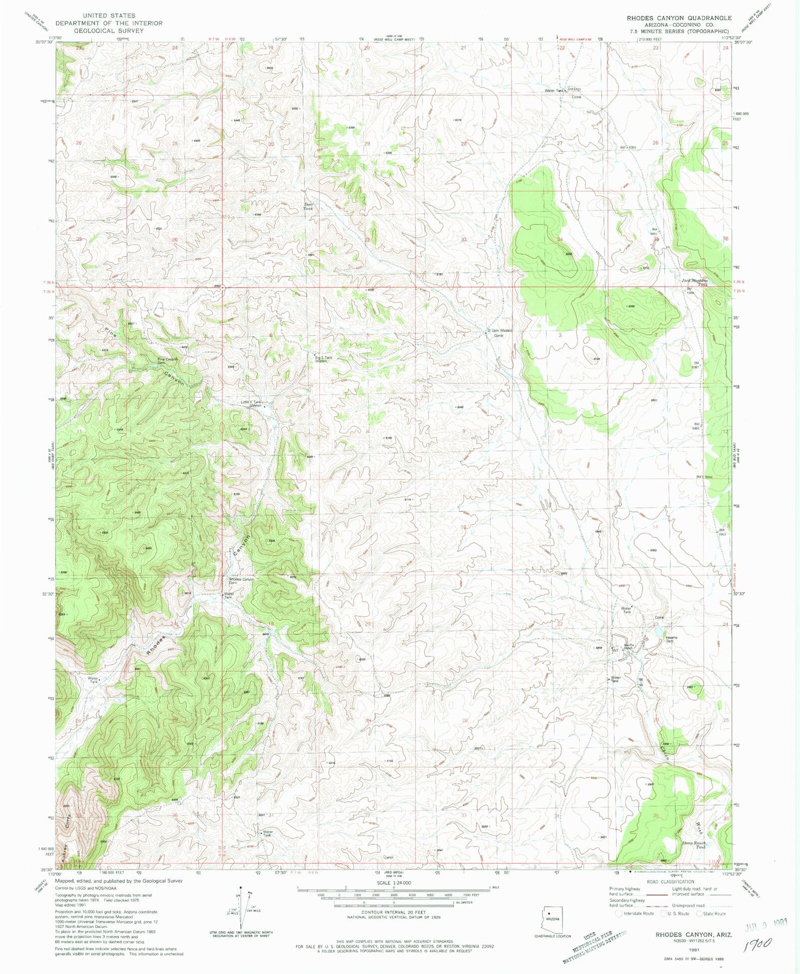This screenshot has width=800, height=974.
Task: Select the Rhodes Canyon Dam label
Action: coord(242,581)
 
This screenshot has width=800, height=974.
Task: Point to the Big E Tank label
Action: coord(324,359)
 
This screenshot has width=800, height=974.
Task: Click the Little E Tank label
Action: coord(250,404)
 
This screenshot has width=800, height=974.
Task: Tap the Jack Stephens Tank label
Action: coord(694,282)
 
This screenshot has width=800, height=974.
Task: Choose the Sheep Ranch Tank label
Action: coord(693,845)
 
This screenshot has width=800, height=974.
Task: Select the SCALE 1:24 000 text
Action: coord(394,882)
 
